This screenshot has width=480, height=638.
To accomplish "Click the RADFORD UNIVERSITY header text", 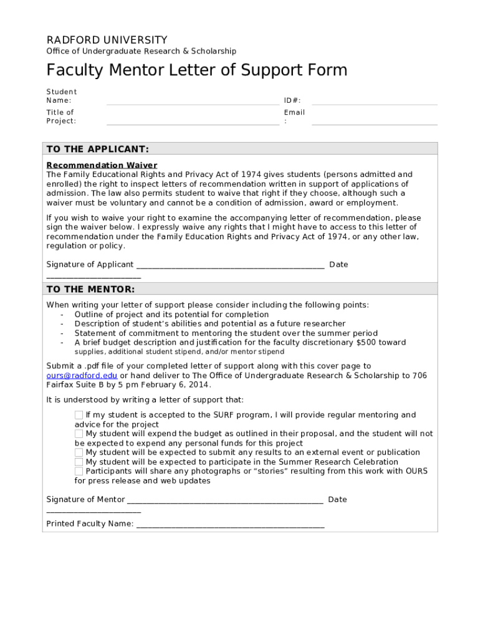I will click(107, 40).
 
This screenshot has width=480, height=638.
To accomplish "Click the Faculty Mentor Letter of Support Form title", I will click(196, 70).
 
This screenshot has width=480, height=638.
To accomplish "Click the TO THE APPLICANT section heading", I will click(98, 150).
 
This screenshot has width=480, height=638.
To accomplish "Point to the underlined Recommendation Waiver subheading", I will click(102, 165).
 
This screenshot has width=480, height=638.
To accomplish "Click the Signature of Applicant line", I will click(230, 265).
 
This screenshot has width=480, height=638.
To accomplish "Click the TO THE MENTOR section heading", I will click(90, 289).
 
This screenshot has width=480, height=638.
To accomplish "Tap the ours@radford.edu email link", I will click(82, 376).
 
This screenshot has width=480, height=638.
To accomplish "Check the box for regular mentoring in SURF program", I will click(79, 415).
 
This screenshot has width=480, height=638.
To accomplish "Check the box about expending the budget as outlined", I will click(79, 434).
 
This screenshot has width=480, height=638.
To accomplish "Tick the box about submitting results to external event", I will click(79, 452).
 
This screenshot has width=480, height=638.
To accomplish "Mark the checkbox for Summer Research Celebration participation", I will click(79, 462).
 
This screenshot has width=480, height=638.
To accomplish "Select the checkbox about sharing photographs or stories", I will click(79, 471).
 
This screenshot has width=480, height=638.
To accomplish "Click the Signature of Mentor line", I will click(224, 500).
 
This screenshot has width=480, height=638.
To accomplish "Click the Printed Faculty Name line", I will click(230, 525).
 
